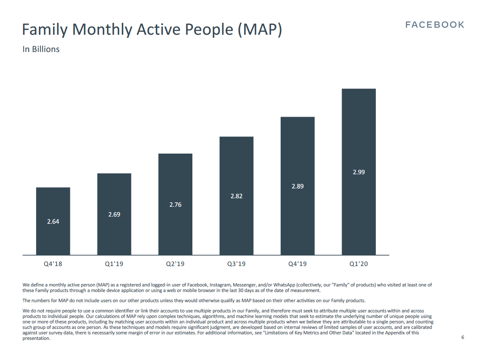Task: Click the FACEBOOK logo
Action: point(434,25)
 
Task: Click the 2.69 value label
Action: point(114,214)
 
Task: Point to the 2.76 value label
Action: point(175,204)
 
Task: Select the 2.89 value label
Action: point(298,186)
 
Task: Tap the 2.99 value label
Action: point(359,172)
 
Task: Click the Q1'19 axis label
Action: point(114,264)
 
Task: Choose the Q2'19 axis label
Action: point(175,264)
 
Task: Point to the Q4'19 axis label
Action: point(298,264)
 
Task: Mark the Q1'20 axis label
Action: point(359,264)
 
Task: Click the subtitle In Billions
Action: point(41,49)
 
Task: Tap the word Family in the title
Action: point(45,30)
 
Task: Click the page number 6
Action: point(462,337)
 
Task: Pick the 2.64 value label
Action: point(53,221)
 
